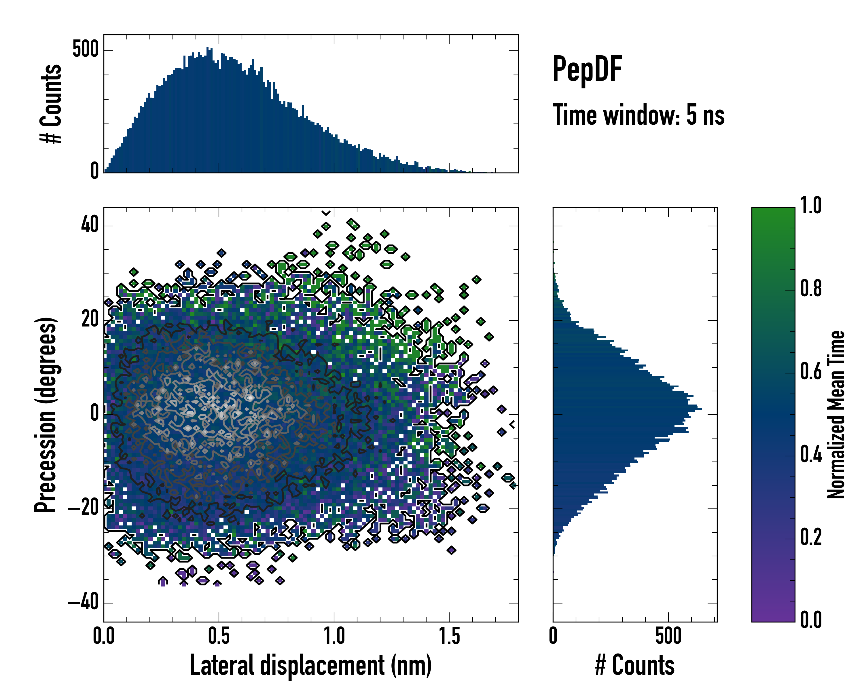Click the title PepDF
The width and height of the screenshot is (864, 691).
point(587,69)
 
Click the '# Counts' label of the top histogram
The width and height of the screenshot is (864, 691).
point(51,104)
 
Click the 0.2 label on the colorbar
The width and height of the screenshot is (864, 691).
point(811,538)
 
